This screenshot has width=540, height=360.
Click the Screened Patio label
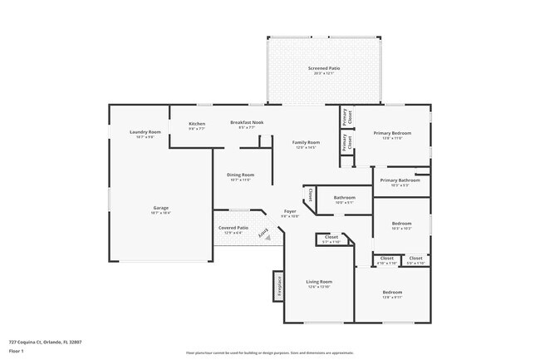click(324, 68)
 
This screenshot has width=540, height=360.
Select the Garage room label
click(160, 208)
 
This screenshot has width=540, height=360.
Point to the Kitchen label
click(196, 123)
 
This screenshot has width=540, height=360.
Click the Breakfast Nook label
click(247, 123)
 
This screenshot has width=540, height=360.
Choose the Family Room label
click(306, 142)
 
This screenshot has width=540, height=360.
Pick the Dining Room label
click(240, 175)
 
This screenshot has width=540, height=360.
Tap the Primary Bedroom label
click(392, 133)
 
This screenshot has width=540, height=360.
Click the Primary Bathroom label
click(400, 180)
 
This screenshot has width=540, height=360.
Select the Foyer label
click(290, 212)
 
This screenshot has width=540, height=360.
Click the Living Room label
click(319, 282)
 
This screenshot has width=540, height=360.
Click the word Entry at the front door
click(268, 234)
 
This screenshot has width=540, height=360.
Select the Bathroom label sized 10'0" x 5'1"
click(344, 197)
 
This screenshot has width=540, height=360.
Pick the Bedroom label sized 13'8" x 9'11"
click(392, 293)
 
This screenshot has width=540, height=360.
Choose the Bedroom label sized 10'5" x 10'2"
click(401, 224)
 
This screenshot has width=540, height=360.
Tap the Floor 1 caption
click(17, 351)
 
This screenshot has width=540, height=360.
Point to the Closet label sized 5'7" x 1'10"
click(331, 238)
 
